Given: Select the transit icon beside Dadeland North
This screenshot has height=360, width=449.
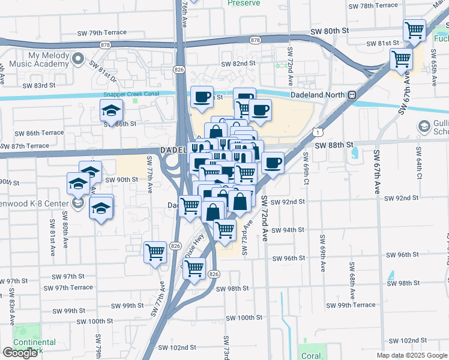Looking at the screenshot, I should [x=353, y=95].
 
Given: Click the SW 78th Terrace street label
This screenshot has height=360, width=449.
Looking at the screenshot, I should [x=373, y=5].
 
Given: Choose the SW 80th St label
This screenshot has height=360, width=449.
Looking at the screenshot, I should [x=330, y=31].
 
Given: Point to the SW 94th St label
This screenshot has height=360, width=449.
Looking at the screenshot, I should [x=288, y=230].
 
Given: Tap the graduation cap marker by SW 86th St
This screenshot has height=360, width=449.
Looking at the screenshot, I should [x=111, y=111].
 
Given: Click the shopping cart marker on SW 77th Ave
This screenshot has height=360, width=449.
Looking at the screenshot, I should [x=155, y=251].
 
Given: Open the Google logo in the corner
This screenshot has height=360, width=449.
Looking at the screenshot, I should [x=20, y=353].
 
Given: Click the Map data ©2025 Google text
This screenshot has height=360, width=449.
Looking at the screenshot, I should [x=412, y=355].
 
